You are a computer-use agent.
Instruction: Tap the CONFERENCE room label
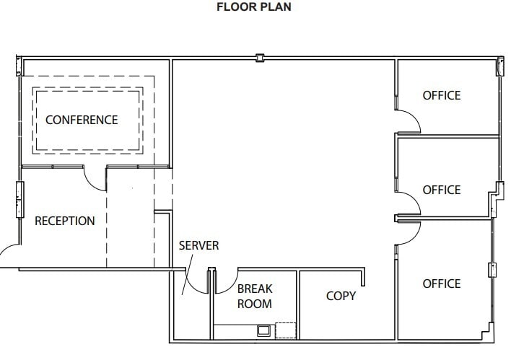coord(82,120)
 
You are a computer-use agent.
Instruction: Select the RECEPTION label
coord(65,221)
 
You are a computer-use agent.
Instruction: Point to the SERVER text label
coord(198,245)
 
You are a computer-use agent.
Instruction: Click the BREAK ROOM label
coord(255,297)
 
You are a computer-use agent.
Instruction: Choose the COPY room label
coord(341,296)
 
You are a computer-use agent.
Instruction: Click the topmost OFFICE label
coord(441,95)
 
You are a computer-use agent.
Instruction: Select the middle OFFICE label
coord(441,190)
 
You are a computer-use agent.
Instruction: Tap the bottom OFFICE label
coord(441,284)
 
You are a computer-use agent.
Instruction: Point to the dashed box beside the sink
coord(286,330)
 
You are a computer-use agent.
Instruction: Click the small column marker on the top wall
coord(261,56)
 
